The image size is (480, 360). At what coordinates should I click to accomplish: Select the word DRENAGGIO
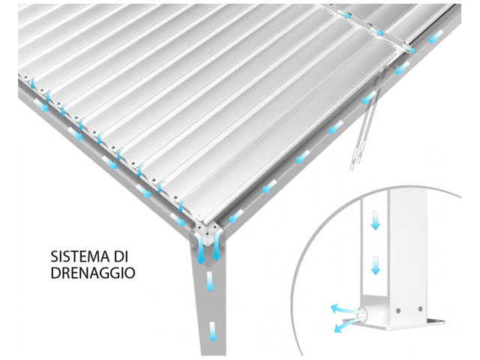click(93, 272)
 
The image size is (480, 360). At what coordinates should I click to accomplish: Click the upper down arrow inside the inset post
click(375, 221)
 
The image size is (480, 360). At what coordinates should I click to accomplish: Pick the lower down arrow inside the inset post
click(375, 265)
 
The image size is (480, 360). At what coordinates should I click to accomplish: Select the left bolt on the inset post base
click(398, 310)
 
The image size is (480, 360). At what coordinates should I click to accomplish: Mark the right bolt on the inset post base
click(420, 309)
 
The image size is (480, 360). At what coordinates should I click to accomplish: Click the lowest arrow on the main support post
click(212, 331)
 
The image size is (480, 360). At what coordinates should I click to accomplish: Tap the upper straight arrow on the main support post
click(210, 281)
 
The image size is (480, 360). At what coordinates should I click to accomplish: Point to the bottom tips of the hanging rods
click(355, 165)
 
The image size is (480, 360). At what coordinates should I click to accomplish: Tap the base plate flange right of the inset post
click(435, 321)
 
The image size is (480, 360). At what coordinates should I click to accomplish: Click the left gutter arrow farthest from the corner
click(42, 104)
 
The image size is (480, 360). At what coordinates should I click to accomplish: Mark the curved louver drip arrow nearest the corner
click(181, 205)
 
